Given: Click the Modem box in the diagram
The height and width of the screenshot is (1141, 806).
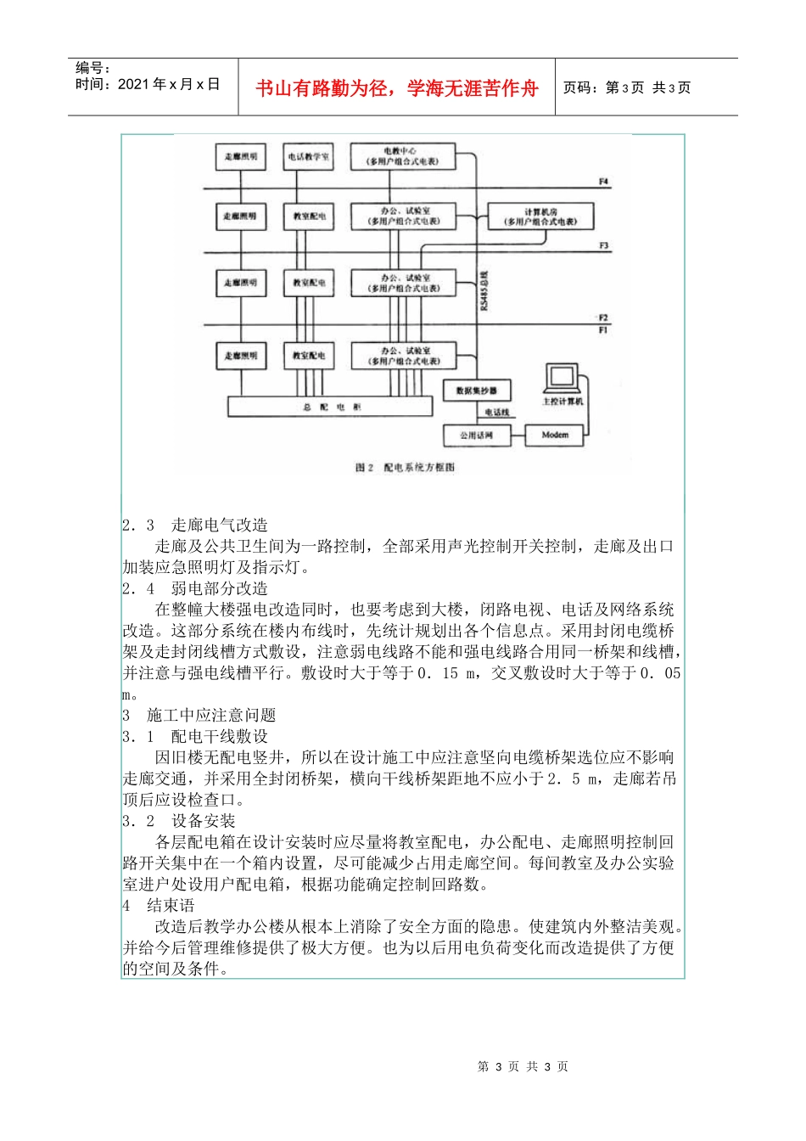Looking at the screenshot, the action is click(555, 436).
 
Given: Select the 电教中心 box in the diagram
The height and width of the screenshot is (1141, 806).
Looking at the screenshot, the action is click(402, 156).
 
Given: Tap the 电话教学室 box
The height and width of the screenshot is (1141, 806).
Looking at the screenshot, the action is click(309, 157).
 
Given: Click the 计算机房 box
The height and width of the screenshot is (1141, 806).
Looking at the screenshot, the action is click(540, 216).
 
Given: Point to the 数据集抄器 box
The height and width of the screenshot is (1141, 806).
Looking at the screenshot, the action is click(476, 391).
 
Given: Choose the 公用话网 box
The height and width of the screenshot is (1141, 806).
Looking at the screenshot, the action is click(476, 436).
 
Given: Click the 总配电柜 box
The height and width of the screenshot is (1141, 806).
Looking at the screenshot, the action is click(331, 407).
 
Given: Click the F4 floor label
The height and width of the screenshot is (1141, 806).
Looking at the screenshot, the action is click(603, 182).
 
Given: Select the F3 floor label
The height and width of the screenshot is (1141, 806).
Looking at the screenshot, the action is click(603, 246).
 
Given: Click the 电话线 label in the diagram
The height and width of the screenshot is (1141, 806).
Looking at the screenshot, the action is click(497, 413).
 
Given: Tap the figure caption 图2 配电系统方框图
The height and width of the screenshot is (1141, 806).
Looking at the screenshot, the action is click(405, 468).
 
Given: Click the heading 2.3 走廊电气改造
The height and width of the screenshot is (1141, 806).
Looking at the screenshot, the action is click(195, 526).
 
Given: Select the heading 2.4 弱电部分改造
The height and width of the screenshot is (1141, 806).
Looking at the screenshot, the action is click(195, 588).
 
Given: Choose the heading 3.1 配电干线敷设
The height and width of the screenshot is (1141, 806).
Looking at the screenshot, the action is click(195, 737).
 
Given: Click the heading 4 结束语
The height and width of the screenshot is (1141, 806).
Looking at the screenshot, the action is click(159, 906).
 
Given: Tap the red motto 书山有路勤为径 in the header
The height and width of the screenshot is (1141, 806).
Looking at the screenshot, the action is click(397, 88).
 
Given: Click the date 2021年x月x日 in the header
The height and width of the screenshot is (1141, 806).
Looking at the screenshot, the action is click(148, 84).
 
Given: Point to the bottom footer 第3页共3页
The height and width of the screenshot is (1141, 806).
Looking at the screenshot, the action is click(523, 1067).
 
